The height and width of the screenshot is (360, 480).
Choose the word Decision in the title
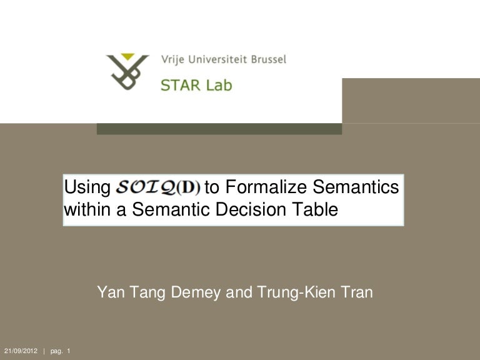tap(250, 211)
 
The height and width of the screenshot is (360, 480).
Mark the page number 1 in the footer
tap(68, 350)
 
